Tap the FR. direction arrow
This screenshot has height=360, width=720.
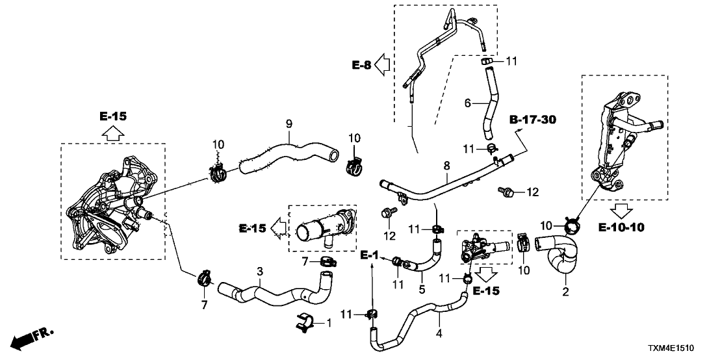[32, 338]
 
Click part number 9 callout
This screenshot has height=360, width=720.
[290, 122]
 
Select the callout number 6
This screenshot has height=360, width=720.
[467, 103]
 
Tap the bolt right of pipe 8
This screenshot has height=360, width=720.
[508, 191]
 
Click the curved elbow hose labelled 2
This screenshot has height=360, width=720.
[559, 255]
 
